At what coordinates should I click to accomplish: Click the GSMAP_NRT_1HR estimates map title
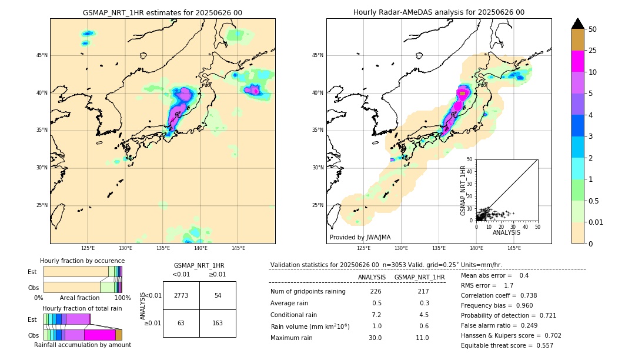tap(162, 12)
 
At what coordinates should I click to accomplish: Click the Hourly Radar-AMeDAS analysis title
tap(439, 12)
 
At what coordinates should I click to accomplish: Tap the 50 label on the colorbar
tap(593, 29)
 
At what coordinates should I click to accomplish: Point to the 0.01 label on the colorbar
tap(596, 222)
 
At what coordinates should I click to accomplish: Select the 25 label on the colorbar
tap(593, 51)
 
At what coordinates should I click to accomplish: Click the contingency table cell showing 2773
tap(181, 295)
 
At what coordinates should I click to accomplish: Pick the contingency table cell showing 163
tap(218, 323)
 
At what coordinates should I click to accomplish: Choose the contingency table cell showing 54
tap(218, 295)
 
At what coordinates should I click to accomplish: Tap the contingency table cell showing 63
tap(181, 323)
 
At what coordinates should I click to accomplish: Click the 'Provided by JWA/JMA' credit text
tap(360, 238)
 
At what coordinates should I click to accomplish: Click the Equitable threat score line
tap(507, 345)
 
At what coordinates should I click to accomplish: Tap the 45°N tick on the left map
tap(42, 55)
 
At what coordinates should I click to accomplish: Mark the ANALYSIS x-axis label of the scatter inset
tap(506, 232)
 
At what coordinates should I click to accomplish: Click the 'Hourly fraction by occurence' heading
tap(82, 261)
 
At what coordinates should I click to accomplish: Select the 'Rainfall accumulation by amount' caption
tap(82, 345)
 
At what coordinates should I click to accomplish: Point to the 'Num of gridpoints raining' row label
tap(308, 291)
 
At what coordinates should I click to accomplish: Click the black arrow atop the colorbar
tap(578, 24)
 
